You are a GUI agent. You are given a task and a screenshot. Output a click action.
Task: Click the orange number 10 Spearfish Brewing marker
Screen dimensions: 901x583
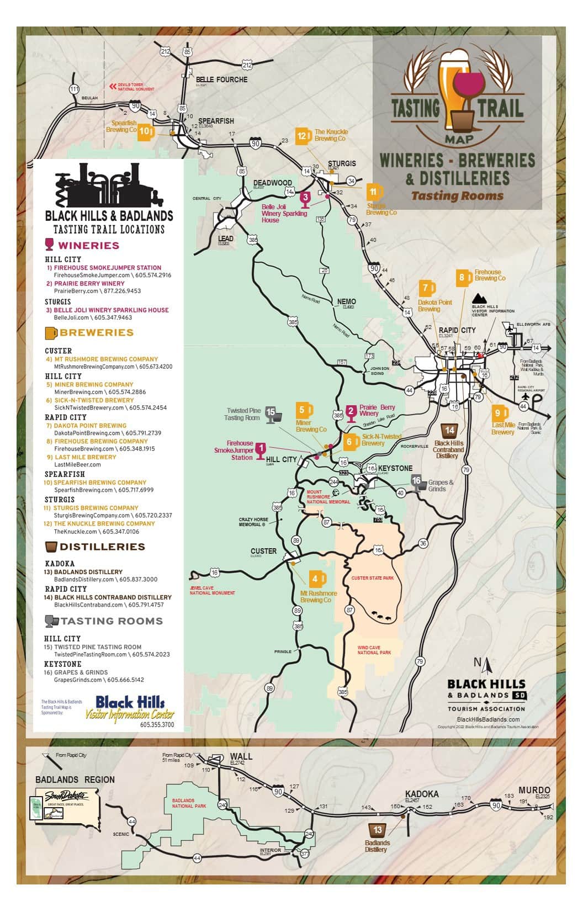coord(145,131)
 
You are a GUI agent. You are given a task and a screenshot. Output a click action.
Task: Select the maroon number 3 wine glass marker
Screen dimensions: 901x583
coord(305,197)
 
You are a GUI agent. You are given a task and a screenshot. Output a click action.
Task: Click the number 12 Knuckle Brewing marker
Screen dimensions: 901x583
coord(303,136)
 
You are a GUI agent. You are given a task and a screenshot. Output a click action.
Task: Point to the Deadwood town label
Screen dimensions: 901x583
coord(272,183)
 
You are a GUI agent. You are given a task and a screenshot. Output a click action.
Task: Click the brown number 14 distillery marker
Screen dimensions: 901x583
coord(449,431)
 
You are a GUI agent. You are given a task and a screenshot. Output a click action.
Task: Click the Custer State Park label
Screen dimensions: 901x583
coord(373,578)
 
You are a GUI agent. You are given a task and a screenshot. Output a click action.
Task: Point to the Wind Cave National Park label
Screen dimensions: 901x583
coord(374,650)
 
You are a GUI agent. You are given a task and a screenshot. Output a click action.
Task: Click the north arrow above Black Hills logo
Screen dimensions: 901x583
coord(486,666)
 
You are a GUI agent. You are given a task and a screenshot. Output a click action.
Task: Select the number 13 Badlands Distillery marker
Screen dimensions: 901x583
coord(378,829)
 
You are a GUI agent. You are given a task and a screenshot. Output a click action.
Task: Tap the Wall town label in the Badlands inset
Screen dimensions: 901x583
coord(241,756)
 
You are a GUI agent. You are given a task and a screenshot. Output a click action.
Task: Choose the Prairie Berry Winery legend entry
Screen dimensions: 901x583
coord(89,284)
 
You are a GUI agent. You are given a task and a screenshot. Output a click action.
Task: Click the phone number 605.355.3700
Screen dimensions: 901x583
coord(157,724)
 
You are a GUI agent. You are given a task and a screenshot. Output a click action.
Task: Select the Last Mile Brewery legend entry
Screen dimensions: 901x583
coord(85,457)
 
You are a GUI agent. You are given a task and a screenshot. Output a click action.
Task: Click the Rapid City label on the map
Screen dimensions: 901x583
coord(457,330)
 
